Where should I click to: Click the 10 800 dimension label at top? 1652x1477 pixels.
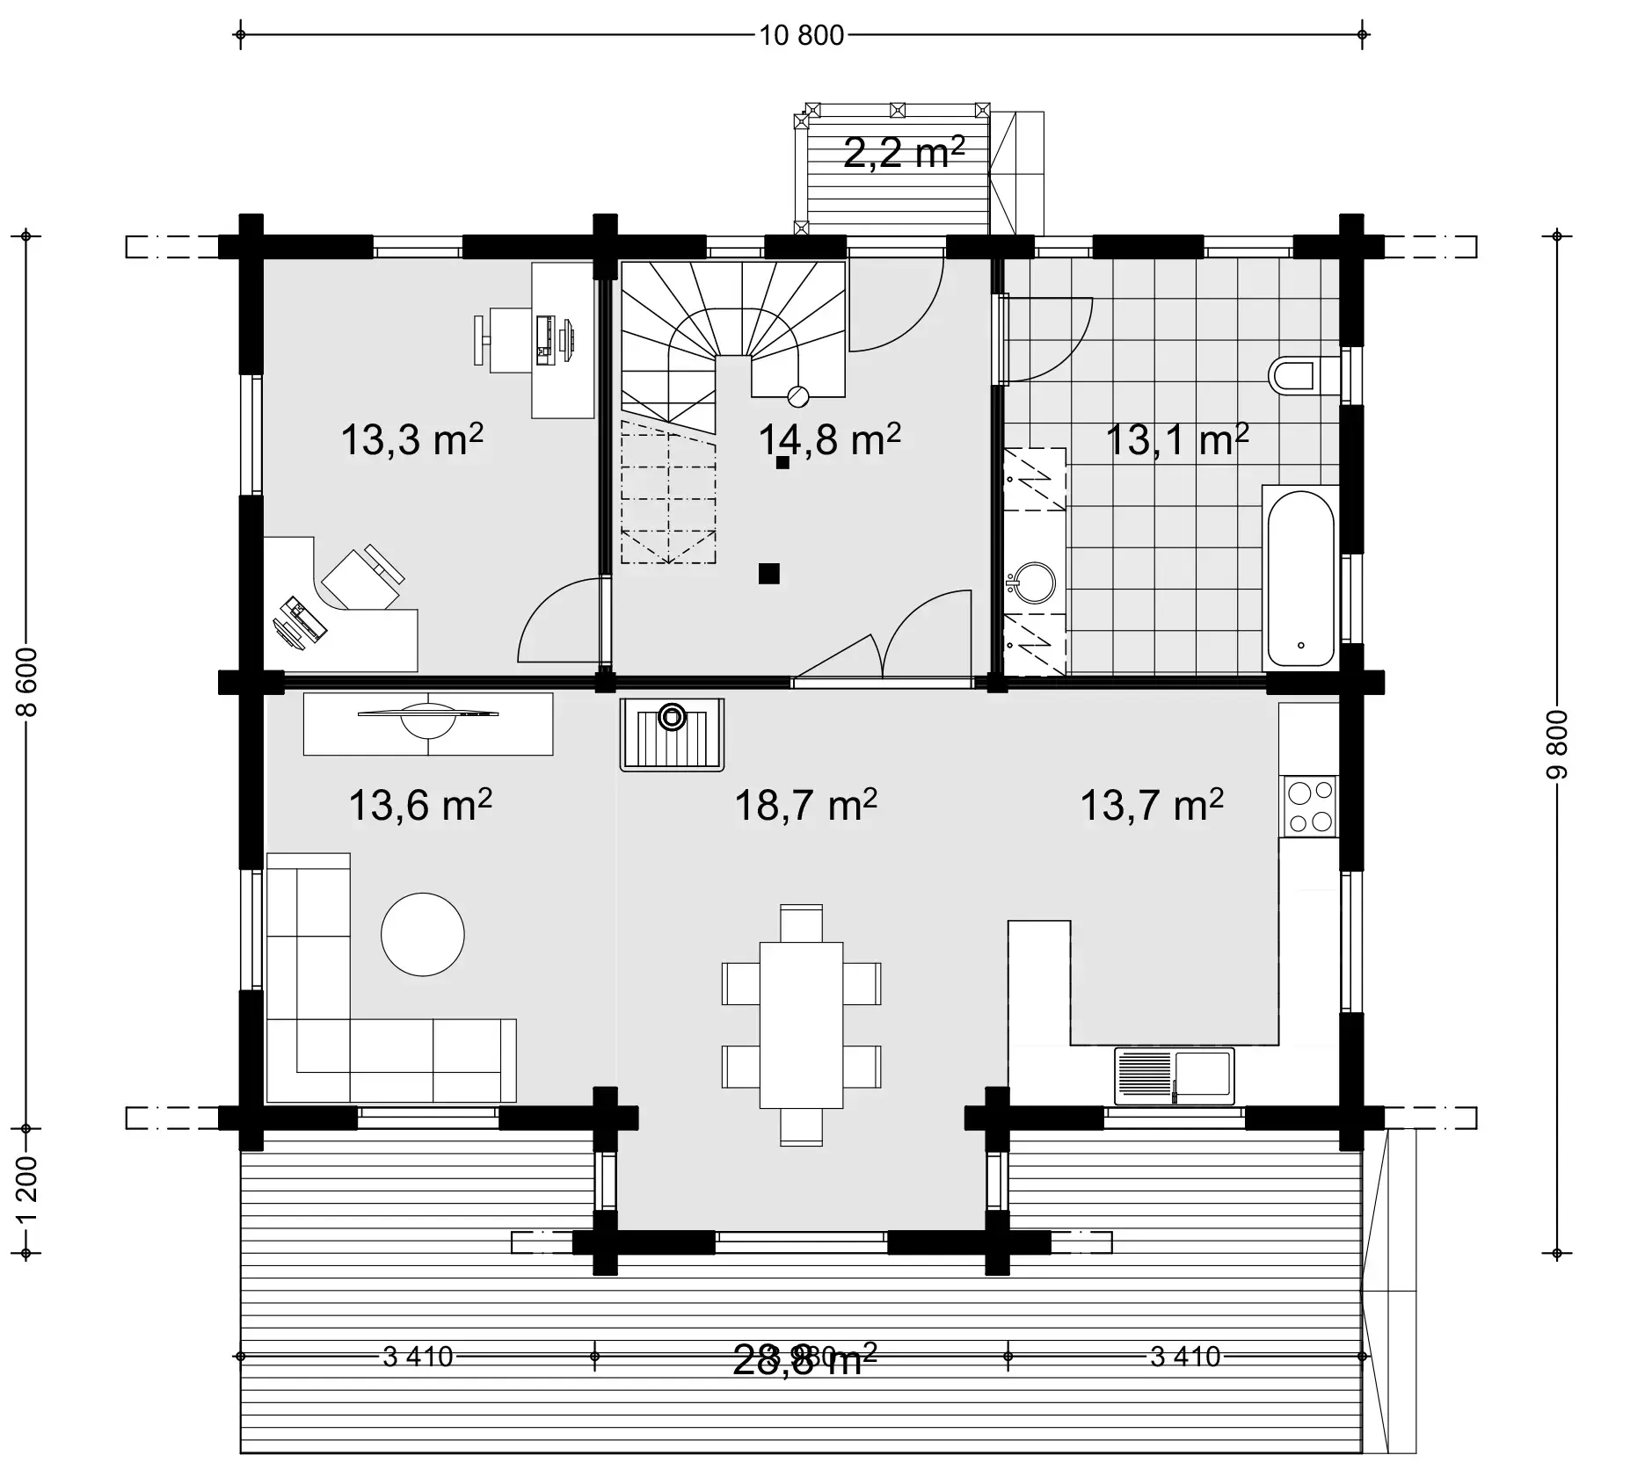tap(801, 36)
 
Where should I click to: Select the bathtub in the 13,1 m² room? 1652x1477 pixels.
tap(1300, 576)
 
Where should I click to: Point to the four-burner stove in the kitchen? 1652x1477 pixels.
tap(1309, 807)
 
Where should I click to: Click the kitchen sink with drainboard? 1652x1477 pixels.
tap(1174, 1075)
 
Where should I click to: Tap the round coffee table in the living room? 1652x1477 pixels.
tap(422, 934)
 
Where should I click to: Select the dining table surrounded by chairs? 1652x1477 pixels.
tap(801, 1024)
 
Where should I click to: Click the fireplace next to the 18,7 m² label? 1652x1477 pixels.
tap(672, 735)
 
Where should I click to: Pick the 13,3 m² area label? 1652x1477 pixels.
tap(411, 440)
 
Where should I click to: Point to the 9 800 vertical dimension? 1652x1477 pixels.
tap(1557, 743)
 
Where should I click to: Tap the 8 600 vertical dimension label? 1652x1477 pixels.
tap(27, 682)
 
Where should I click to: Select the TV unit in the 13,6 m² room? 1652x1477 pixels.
tap(428, 723)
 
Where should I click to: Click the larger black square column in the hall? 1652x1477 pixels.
tap(769, 574)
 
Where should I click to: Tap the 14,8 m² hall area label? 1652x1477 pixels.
tap(829, 440)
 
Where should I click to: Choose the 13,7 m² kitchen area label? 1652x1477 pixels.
tap(1151, 805)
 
